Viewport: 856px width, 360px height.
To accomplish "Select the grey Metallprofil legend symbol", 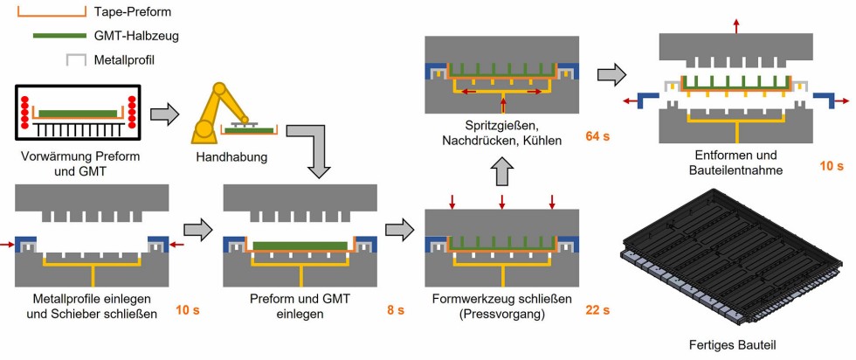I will coord(76,60).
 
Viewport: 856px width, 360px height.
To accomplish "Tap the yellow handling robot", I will coord(217,109).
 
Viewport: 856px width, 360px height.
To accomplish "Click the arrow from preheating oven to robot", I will coord(163,113).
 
